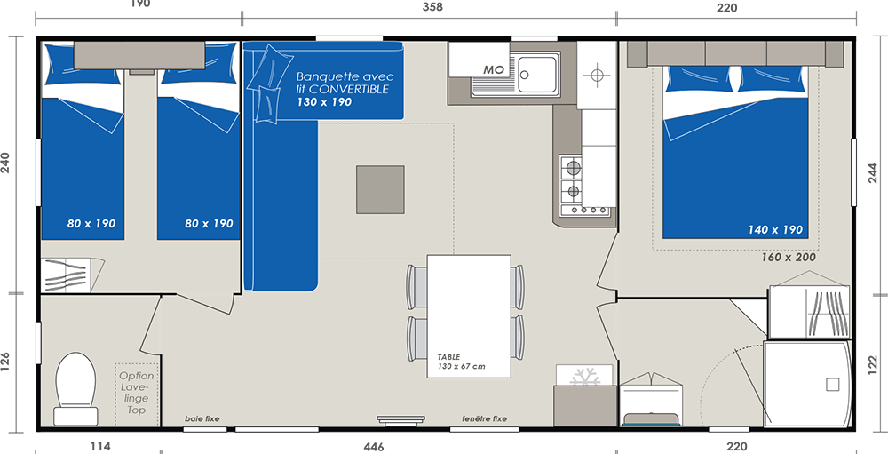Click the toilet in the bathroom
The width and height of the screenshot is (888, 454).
coord(75,389)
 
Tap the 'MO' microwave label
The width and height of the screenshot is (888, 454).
coord(493,69)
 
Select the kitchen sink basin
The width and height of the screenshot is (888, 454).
coord(536,74)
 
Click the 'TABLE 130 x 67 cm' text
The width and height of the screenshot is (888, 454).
coord(461,362)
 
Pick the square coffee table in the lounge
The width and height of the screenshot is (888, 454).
coord(380,190)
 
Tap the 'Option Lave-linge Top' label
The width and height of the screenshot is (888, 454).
coord(137,393)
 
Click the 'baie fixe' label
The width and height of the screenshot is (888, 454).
coord(202,418)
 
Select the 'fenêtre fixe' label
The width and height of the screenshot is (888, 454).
coord(484,418)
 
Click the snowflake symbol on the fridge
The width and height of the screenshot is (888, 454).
coord(585,377)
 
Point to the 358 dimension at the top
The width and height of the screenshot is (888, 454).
coord(432,7)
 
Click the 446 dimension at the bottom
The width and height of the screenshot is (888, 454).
coord(374,447)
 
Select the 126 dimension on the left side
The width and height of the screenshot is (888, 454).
coord(6,362)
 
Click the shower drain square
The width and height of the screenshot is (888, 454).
coord(832,385)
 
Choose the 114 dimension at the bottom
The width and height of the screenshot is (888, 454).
coord(100,447)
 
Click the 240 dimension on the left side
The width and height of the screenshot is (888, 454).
coord(6,165)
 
